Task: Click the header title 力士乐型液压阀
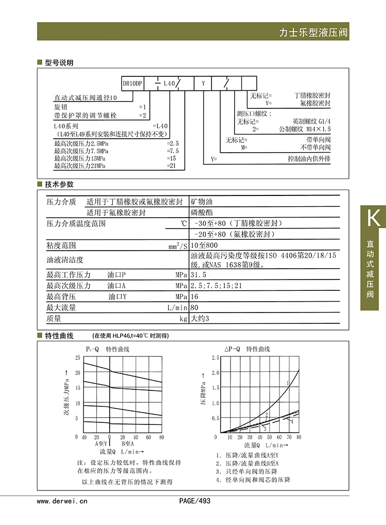313,32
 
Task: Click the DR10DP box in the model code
132,83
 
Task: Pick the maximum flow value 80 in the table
195,308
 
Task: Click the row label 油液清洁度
65,260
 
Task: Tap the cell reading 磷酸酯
201,212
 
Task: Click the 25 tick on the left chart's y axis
78,357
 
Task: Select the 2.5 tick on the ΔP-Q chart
215,357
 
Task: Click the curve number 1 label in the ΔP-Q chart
287,383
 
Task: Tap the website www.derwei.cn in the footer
62,501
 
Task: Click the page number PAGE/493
195,501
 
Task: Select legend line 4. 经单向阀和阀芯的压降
253,480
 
